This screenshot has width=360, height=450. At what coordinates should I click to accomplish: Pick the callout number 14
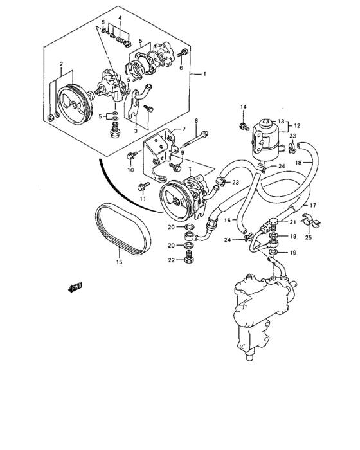coord(244,107)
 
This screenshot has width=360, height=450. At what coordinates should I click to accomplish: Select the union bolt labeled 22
coord(188,258)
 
